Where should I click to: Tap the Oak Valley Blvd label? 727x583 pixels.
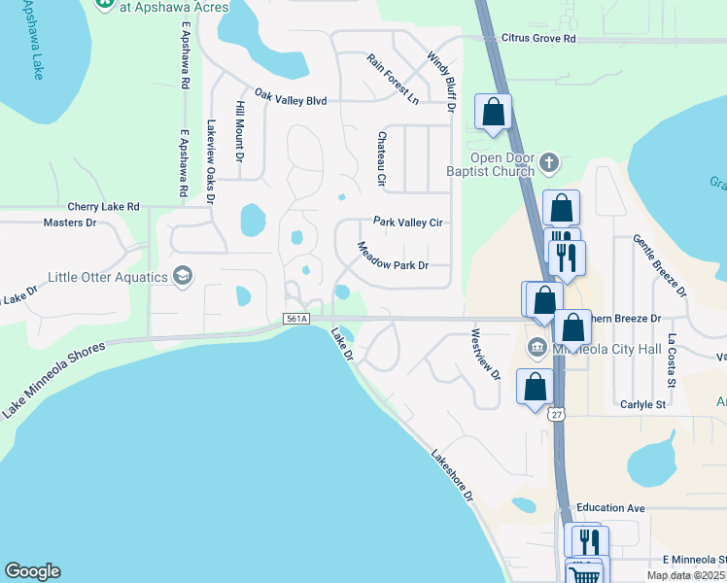click(x=291, y=98)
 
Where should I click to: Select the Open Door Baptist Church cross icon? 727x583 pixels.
click(x=549, y=163)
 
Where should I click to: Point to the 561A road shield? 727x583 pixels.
click(x=296, y=319)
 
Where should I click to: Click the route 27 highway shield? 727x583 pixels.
click(x=556, y=415)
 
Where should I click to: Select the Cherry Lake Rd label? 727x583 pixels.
click(x=104, y=207)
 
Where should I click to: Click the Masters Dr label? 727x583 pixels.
click(x=71, y=223)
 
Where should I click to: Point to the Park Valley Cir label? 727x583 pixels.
click(x=408, y=223)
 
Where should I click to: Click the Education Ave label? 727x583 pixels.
click(x=610, y=508)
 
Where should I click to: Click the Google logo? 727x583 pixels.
click(x=32, y=571)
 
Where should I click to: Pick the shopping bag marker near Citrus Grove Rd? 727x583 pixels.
click(x=494, y=112)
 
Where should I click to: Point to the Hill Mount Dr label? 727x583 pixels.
click(x=239, y=130)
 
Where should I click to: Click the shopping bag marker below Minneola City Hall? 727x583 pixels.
click(x=535, y=387)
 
